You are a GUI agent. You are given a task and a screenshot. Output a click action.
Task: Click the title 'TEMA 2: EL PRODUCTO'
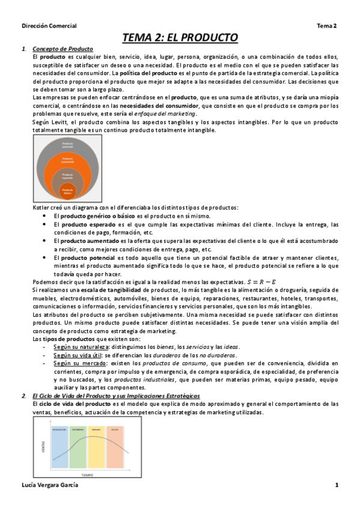point(180,38)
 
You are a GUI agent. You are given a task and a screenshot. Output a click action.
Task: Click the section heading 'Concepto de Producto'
point(67,49)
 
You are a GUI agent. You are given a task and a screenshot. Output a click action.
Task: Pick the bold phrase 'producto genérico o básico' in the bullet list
point(102,215)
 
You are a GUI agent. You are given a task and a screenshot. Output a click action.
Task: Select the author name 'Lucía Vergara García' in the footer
point(49,485)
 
